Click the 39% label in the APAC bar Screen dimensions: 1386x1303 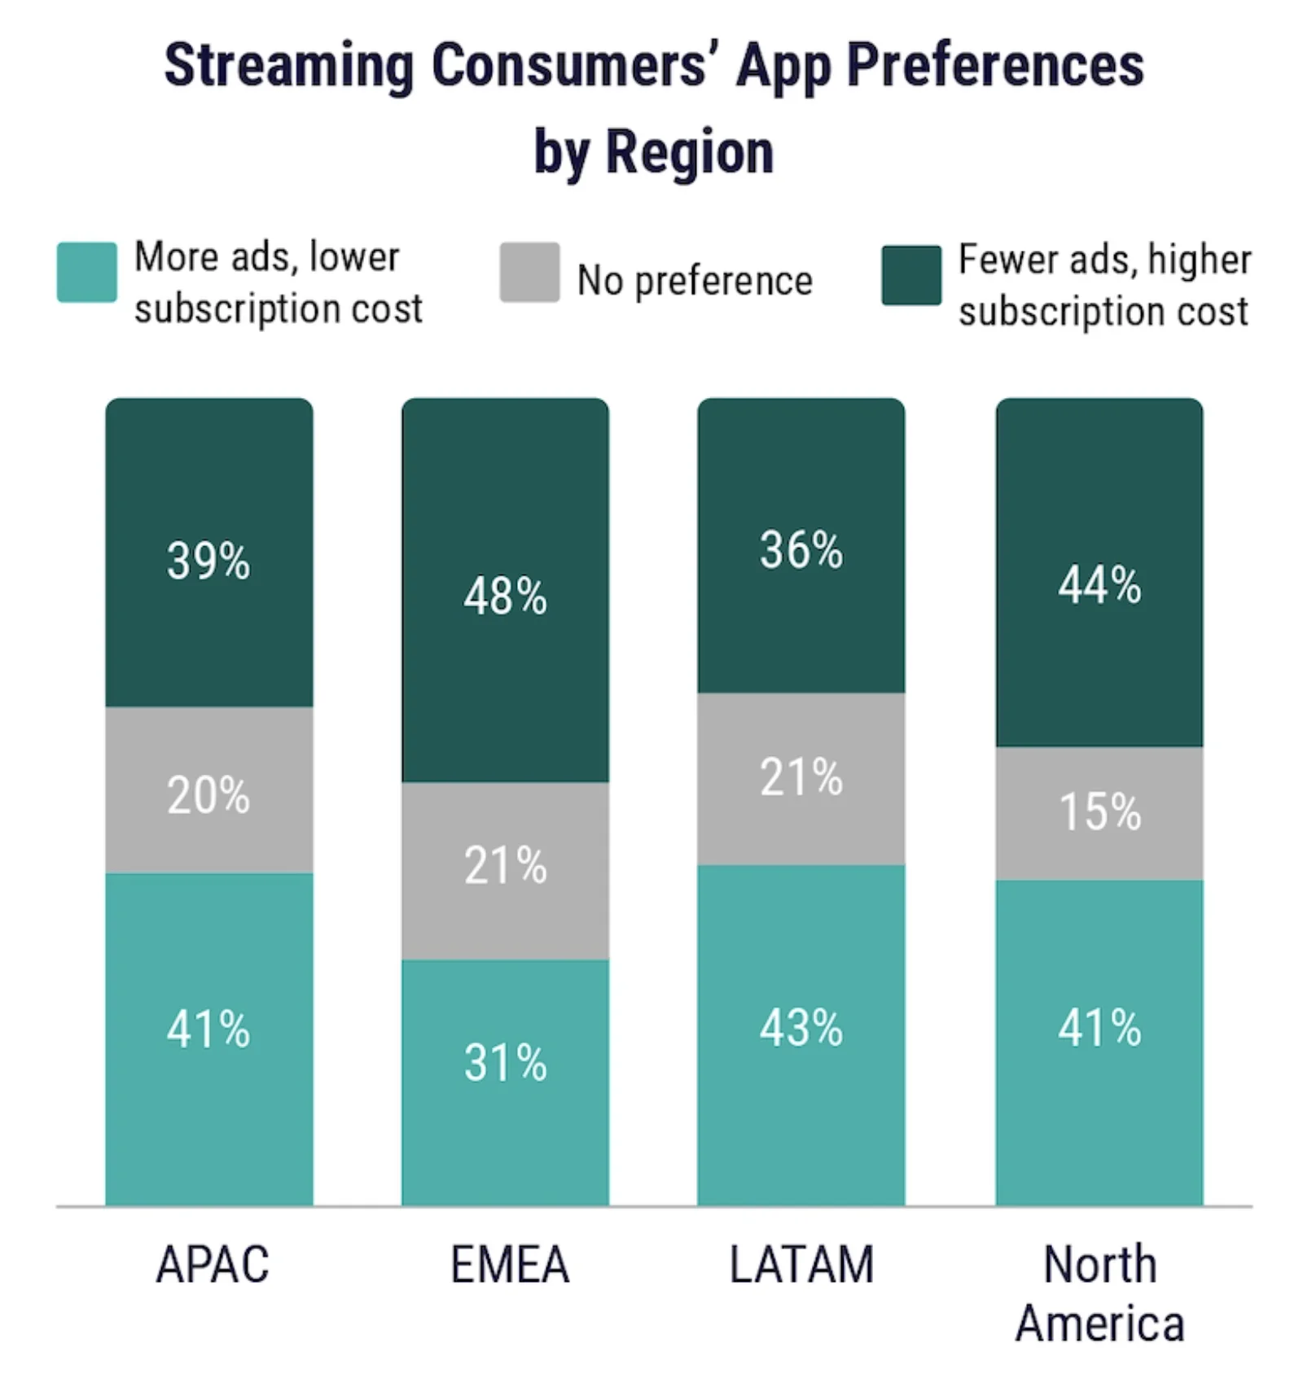(x=208, y=561)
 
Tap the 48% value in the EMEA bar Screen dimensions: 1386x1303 (x=505, y=596)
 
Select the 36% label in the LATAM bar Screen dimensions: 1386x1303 (x=801, y=549)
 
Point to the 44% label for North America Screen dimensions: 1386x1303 (x=1099, y=585)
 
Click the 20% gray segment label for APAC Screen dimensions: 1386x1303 (x=208, y=795)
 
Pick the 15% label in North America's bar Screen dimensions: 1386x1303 (x=1099, y=811)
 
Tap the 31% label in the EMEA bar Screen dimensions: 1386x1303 (x=505, y=1062)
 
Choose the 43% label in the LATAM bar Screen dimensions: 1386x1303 (x=801, y=1027)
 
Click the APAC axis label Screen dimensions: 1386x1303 (x=213, y=1265)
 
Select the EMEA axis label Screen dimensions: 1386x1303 (x=510, y=1265)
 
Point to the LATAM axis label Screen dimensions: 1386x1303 (x=801, y=1265)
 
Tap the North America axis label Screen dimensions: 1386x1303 (x=1099, y=1294)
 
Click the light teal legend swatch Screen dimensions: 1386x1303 (x=86, y=272)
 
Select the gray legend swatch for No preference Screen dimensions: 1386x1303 (x=529, y=272)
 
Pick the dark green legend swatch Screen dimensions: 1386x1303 (x=911, y=275)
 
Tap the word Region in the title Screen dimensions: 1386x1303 (x=690, y=152)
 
